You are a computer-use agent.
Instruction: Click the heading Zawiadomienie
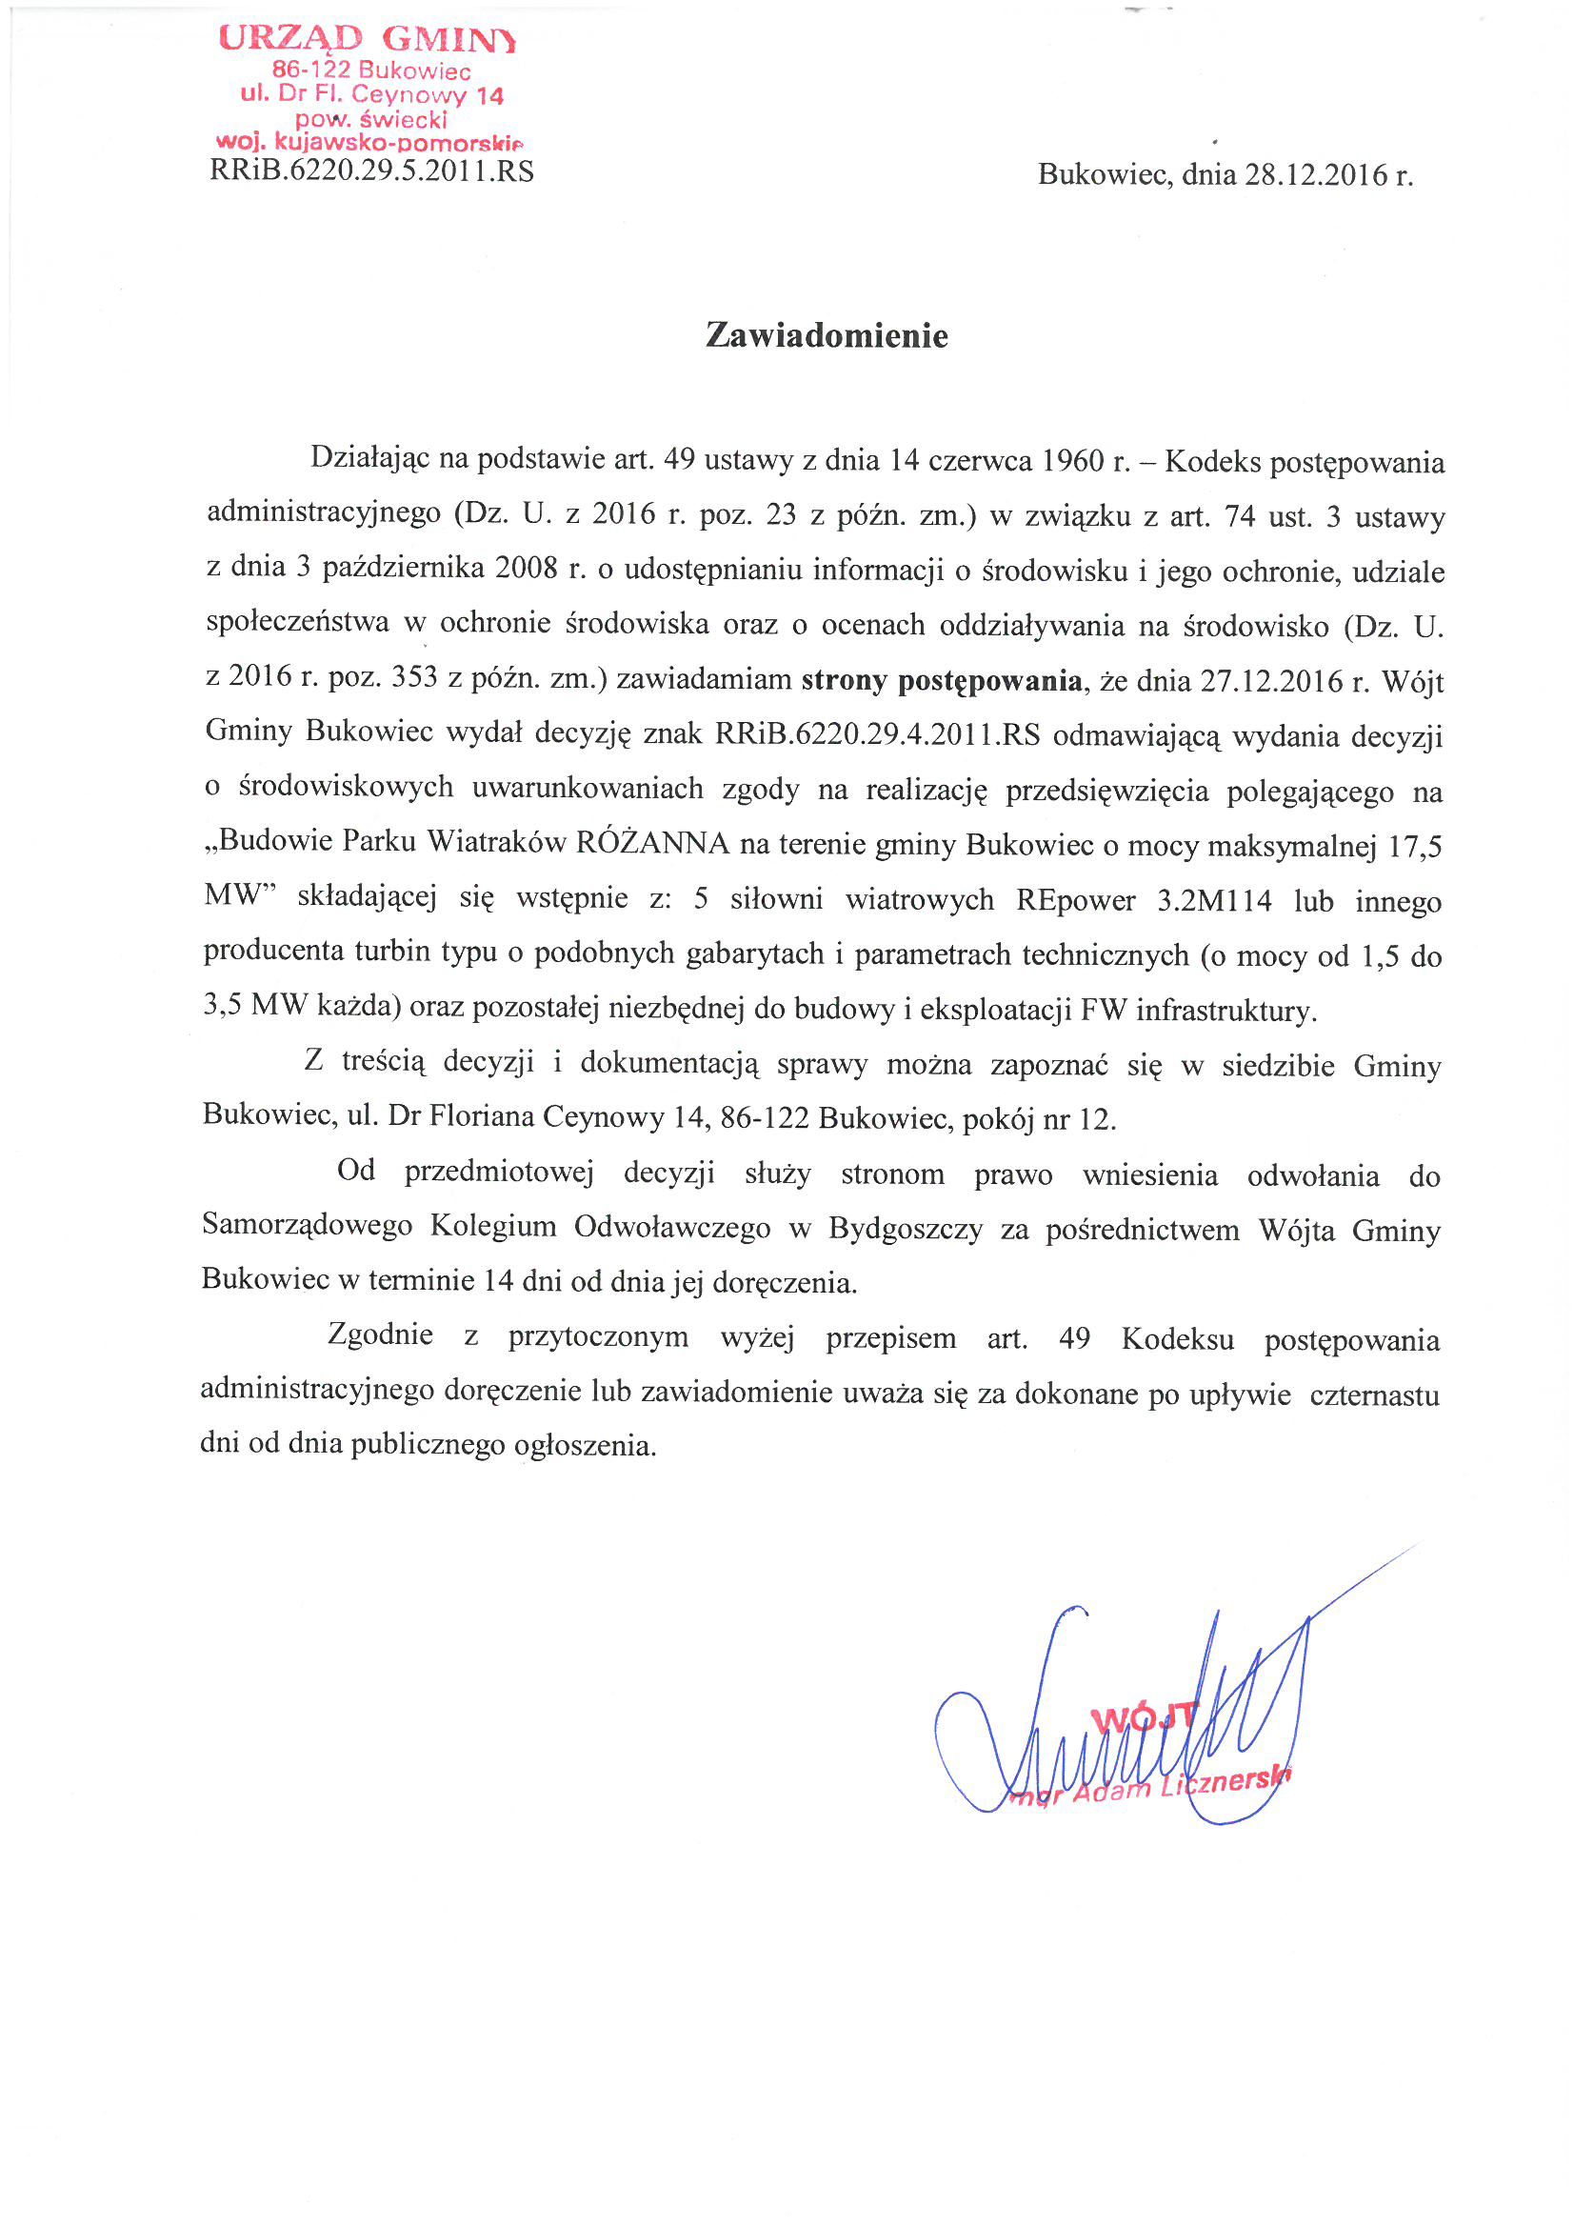tap(827, 335)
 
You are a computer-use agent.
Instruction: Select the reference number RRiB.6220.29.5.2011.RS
tap(371, 171)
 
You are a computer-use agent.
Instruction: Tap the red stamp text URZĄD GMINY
tap(368, 40)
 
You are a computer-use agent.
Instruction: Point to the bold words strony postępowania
tap(941, 681)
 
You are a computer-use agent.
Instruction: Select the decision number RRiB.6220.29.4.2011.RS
tap(877, 734)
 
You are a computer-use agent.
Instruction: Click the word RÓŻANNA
tap(651, 842)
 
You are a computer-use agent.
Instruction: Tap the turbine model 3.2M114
tap(1213, 901)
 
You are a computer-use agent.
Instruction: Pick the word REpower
tap(1074, 900)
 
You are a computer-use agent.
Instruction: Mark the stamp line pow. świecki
tap(371, 119)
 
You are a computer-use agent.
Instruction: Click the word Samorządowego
tap(307, 1226)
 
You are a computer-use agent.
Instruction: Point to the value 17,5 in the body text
tap(1414, 847)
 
